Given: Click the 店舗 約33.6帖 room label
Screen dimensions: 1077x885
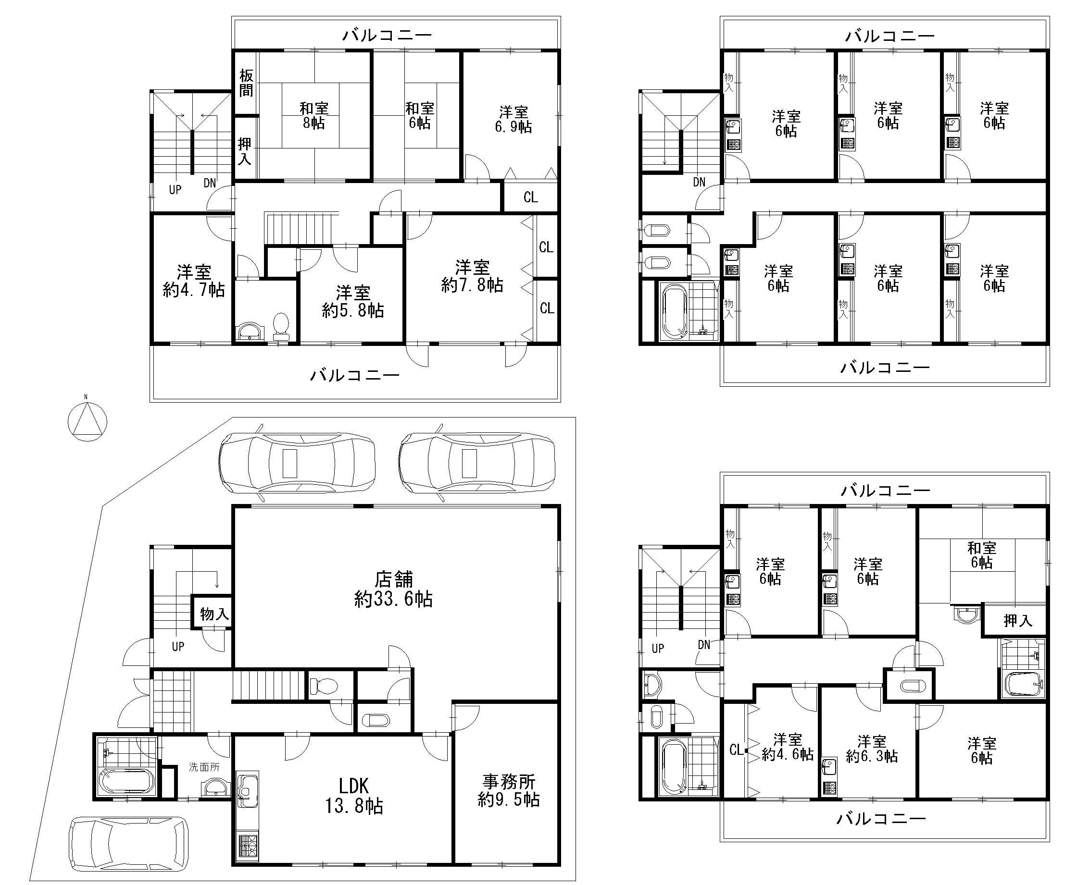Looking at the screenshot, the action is point(393,590).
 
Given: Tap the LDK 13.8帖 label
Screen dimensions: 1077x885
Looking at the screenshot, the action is point(354,796).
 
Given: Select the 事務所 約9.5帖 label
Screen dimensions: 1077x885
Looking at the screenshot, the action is point(509,790).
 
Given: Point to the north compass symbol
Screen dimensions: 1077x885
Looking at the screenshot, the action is point(87,421).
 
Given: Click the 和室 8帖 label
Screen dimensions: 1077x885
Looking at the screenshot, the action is point(314,116).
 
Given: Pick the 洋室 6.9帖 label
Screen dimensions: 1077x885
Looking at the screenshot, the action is point(513,119).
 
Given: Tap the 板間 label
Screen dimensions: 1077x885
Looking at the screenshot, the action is point(246,83).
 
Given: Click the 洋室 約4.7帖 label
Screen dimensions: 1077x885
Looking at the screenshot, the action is point(194,281).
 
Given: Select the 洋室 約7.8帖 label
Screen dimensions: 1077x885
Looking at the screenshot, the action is point(472,276).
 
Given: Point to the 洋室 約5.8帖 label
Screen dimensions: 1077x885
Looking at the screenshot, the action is point(352,302).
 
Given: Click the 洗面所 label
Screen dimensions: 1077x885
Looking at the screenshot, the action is point(204,767).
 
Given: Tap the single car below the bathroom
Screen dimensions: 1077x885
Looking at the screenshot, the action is point(128,844).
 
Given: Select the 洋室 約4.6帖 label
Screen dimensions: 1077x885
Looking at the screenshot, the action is point(788,747).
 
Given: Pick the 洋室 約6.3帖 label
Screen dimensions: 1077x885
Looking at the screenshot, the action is point(871,749).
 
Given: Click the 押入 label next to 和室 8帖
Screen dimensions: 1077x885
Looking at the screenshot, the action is point(245,151).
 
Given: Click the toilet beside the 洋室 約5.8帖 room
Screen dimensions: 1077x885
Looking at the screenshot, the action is point(281,327).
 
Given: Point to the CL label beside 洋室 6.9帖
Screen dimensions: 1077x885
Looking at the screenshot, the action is point(531,197).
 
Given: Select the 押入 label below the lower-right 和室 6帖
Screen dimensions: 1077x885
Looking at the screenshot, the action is point(1018,620).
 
